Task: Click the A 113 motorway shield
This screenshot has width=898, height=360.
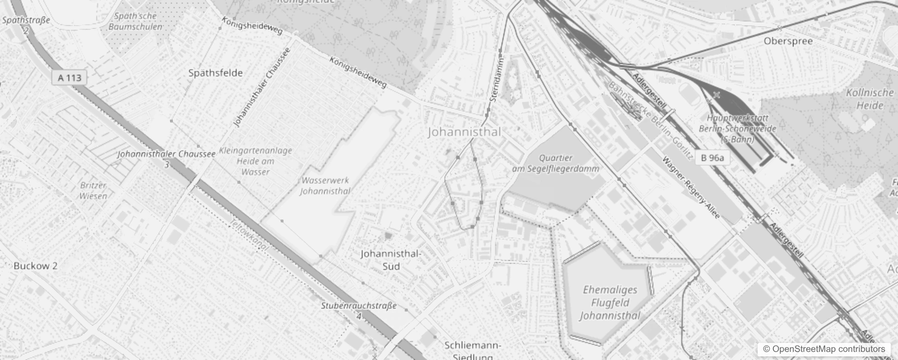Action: (70, 78)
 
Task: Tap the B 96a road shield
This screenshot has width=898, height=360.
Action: (712, 157)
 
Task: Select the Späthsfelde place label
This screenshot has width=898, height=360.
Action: (215, 73)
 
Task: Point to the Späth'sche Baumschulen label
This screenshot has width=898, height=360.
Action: (135, 21)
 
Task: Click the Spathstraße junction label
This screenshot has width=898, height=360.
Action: (26, 21)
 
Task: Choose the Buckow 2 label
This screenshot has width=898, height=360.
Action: (36, 265)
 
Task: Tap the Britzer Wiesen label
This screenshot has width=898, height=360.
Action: (94, 190)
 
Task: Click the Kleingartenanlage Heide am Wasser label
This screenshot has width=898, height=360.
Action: (256, 161)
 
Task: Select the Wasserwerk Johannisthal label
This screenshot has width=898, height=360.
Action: (325, 185)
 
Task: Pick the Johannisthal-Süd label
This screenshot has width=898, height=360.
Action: (391, 260)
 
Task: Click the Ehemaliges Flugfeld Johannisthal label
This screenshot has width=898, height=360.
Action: (610, 302)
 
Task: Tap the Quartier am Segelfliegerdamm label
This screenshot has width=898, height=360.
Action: (556, 163)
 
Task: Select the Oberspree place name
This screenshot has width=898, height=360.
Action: (788, 41)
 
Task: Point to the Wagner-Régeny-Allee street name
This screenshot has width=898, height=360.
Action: (691, 187)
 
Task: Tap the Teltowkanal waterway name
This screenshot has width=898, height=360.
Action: (249, 235)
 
